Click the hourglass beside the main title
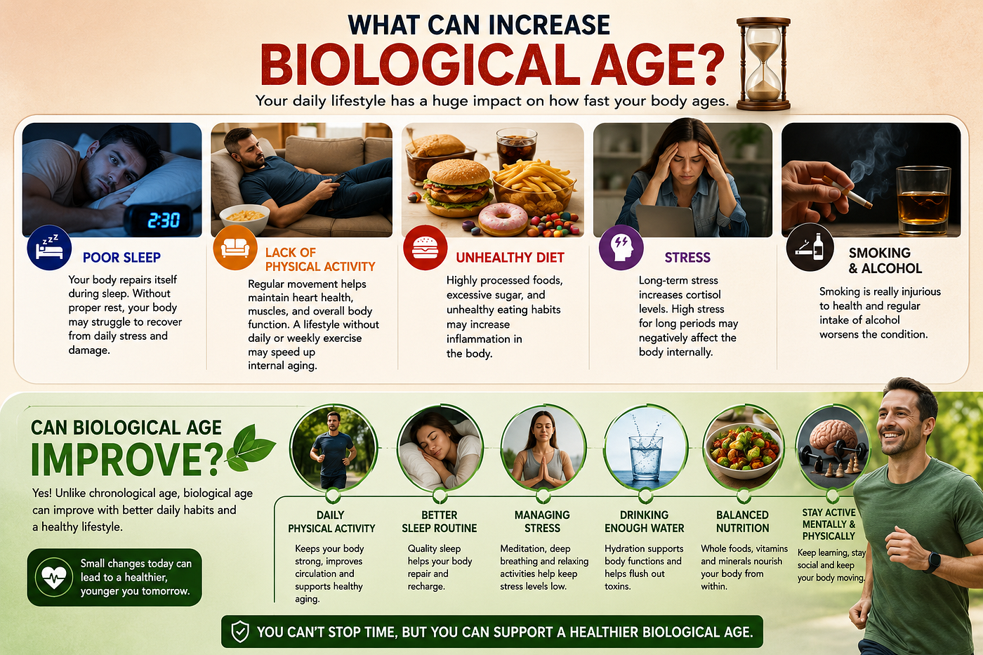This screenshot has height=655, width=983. coord(763,64)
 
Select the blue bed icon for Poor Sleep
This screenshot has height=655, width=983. coord(49,247)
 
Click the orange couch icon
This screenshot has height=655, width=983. coord(235,247)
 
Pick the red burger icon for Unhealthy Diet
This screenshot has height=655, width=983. coord(425,248)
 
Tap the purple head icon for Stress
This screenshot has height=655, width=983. coord(621,247)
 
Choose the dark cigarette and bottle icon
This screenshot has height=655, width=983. coord(810,247)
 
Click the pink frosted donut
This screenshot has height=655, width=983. coord(503,219)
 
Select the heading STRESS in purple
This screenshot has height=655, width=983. coord(687,258)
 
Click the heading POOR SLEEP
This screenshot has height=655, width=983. coord(121,258)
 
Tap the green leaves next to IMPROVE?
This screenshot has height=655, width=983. coord(250,449)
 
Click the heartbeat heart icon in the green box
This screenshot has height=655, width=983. coord(54,577)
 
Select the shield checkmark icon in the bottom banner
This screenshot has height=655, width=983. coord(240,632)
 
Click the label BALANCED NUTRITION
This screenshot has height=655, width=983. coord(743,521)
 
